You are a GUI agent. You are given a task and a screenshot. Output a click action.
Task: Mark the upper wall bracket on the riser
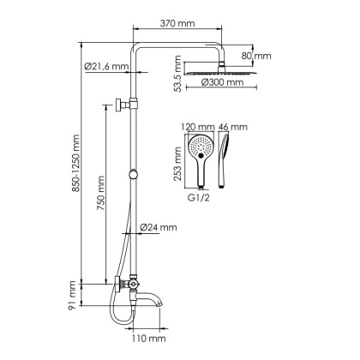120,105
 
